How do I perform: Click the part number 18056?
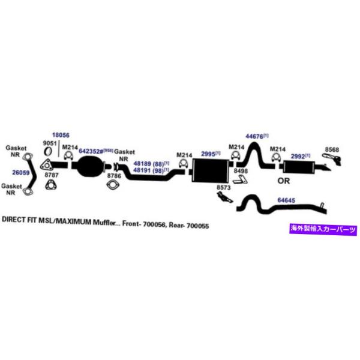coord(61,136)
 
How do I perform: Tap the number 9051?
coord(49,143)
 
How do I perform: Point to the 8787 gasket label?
coord(52,175)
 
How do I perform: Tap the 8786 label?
coord(113,176)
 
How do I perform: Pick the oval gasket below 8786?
coord(112,186)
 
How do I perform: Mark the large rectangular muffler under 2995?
coord(209,169)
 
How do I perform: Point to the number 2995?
coord(208,154)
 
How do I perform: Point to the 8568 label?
coord(332,150)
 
